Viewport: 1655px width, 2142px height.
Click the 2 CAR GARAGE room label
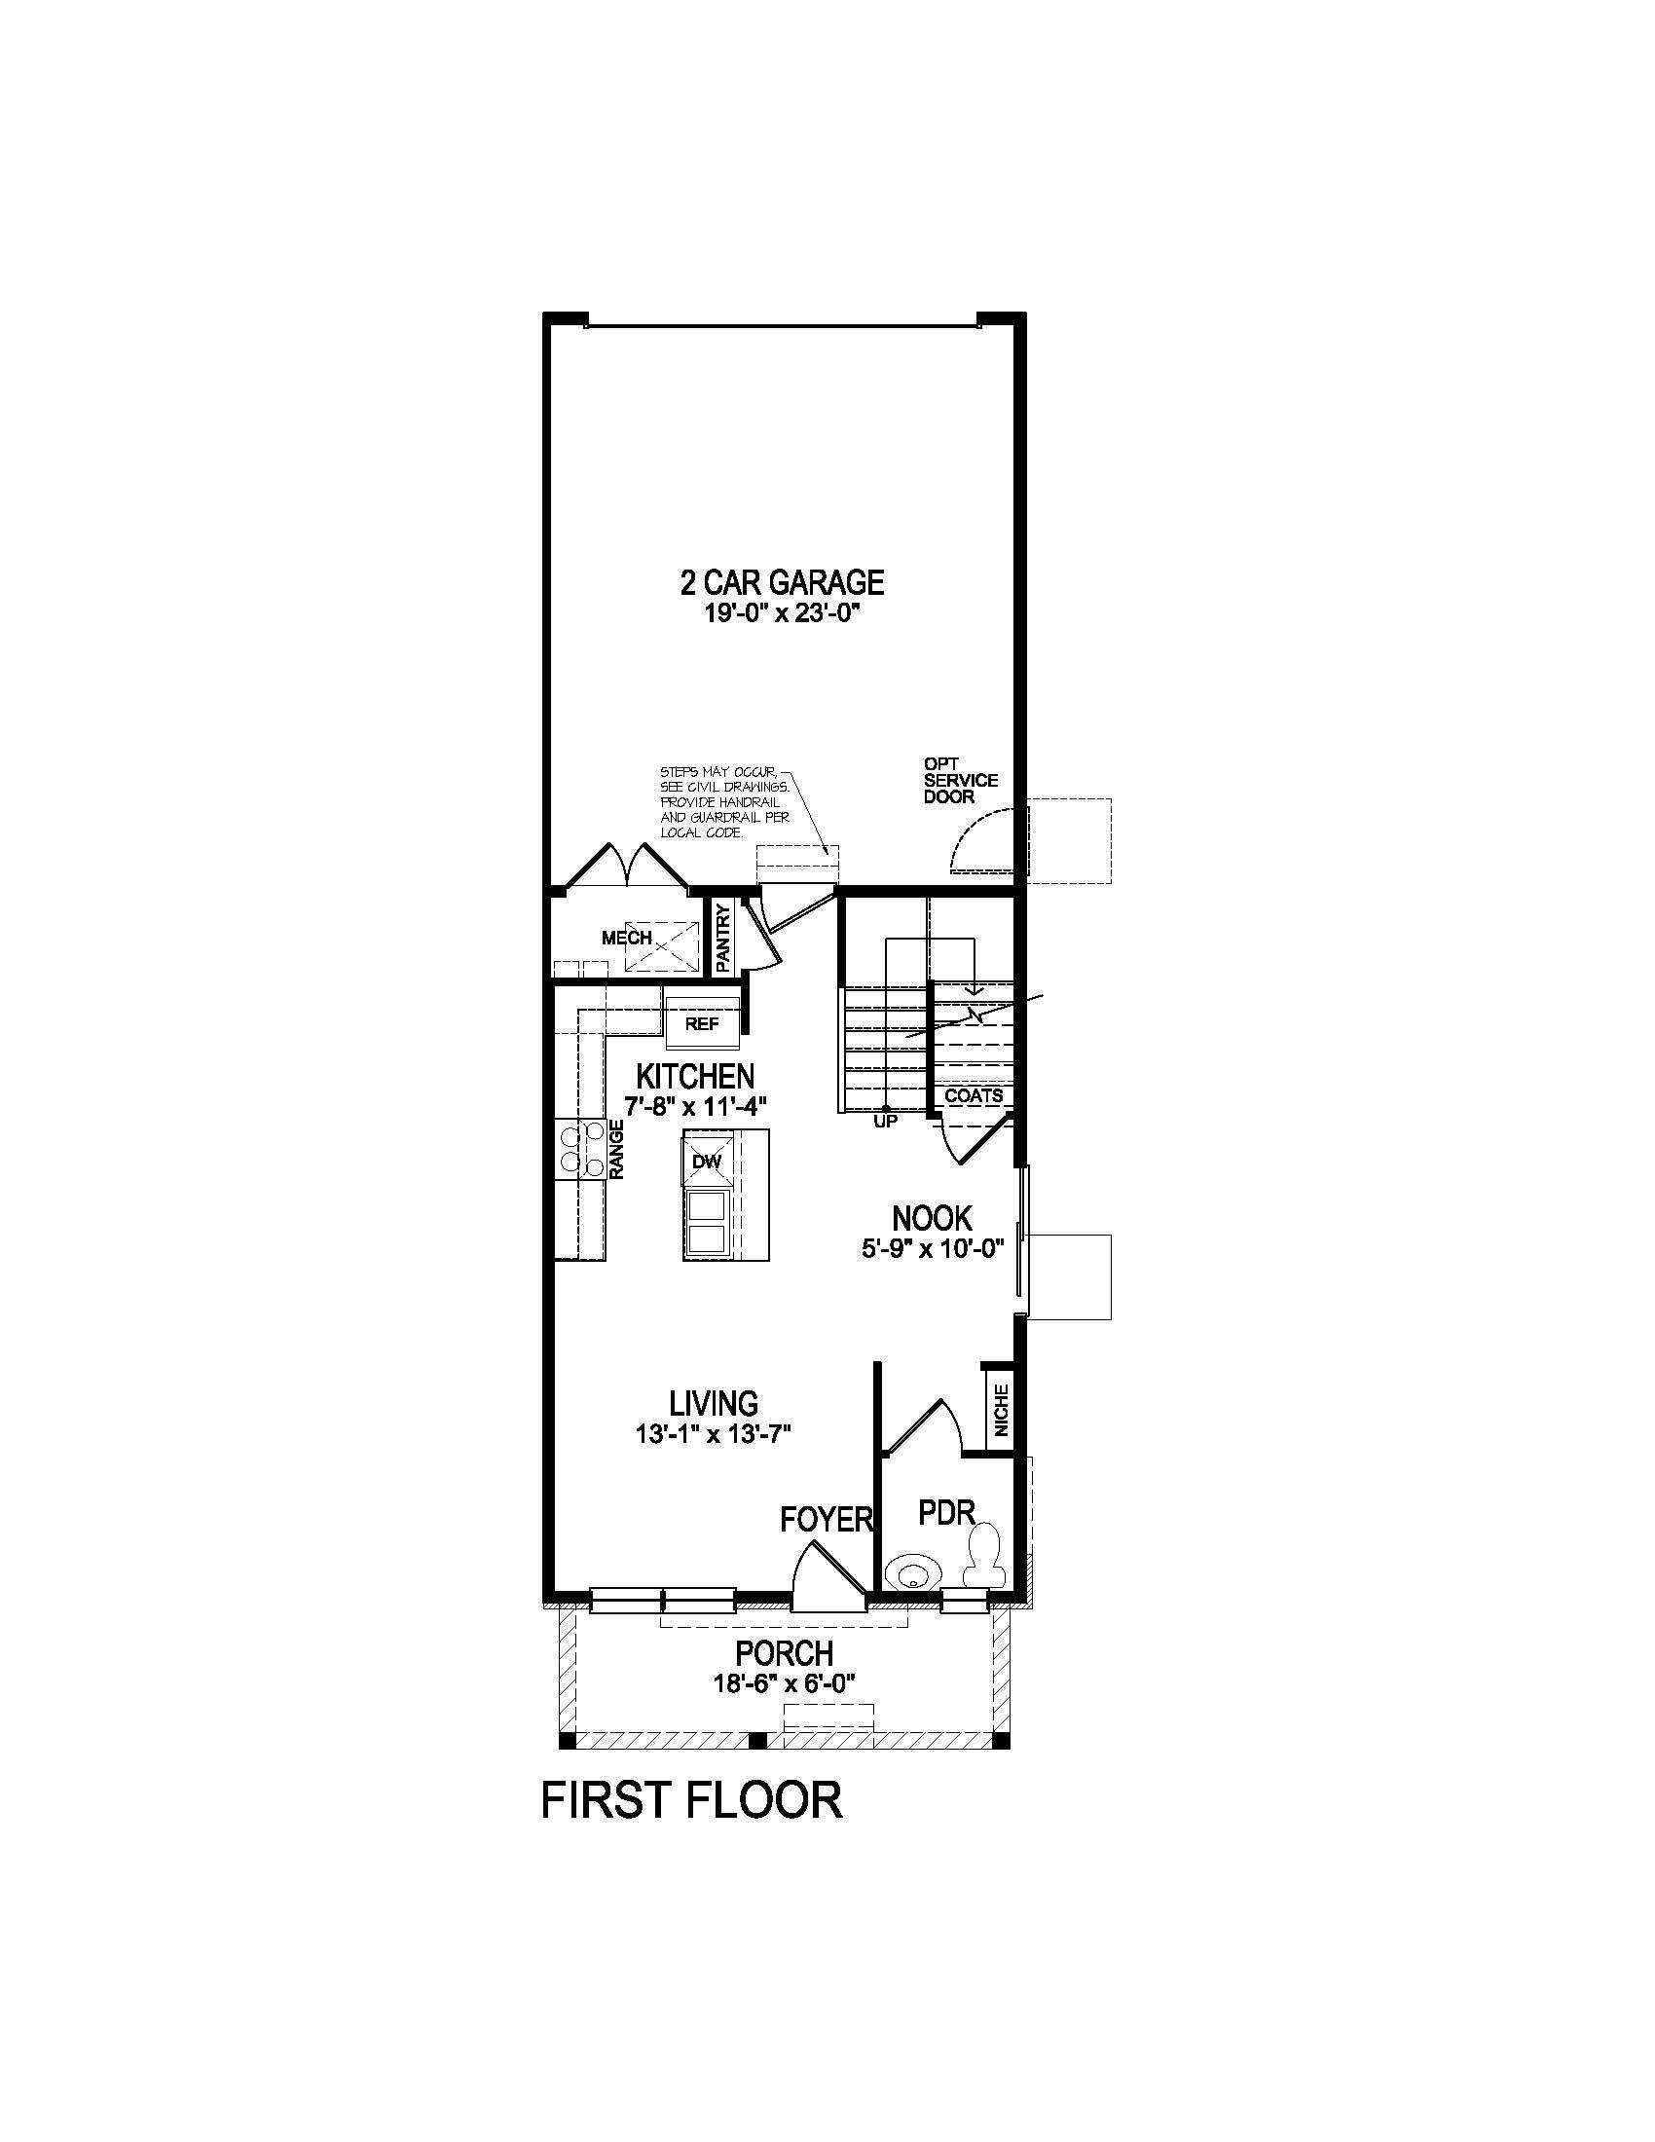(x=782, y=582)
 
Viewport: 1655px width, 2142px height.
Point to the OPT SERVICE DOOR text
(x=960, y=780)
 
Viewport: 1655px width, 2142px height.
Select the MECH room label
(x=627, y=939)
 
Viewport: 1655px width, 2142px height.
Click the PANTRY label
(x=723, y=939)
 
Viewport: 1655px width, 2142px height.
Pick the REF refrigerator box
(x=702, y=1024)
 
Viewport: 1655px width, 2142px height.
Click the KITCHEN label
(x=695, y=1076)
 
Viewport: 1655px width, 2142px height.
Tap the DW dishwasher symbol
(x=707, y=1163)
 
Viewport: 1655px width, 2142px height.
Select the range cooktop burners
(x=579, y=1149)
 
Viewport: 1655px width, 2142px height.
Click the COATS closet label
(x=974, y=1096)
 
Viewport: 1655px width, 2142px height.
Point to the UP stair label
(x=885, y=1121)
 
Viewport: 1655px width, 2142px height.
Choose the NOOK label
(x=932, y=1219)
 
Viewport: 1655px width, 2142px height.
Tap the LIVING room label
(x=714, y=1402)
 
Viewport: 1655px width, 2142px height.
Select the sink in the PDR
(x=911, y=1574)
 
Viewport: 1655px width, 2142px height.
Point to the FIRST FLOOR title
(x=692, y=1800)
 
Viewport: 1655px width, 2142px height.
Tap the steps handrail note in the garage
(x=723, y=803)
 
